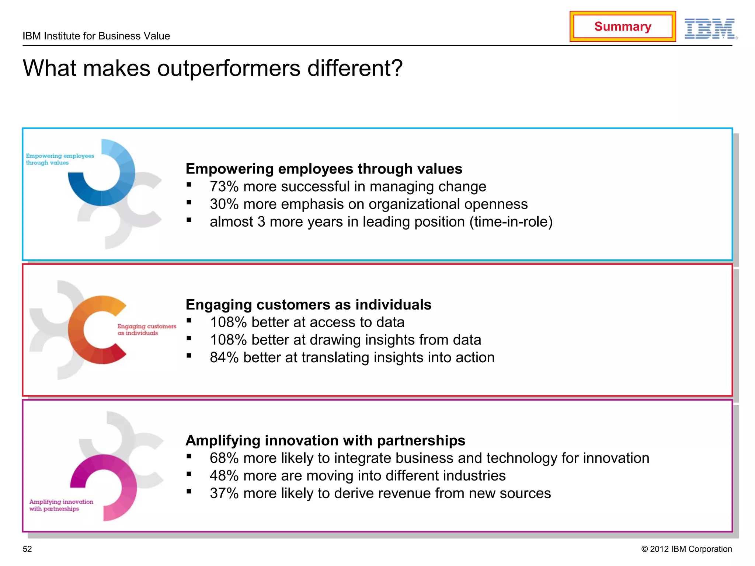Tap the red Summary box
pos(622,27)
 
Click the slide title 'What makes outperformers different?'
pos(213,69)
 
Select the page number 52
pos(27,549)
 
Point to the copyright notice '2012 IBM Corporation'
pos(686,549)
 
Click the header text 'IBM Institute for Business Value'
pos(96,36)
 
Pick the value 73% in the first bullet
pos(224,186)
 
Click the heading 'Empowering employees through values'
pos(324,169)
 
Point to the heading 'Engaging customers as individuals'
pos(308,305)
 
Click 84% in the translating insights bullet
pos(224,357)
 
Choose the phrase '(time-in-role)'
pos(511,222)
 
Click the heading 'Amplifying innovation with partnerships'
pos(325,440)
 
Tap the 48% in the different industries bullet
pos(224,476)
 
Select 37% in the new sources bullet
pos(224,493)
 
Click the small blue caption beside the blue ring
pos(59,159)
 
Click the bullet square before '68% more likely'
pos(189,456)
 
